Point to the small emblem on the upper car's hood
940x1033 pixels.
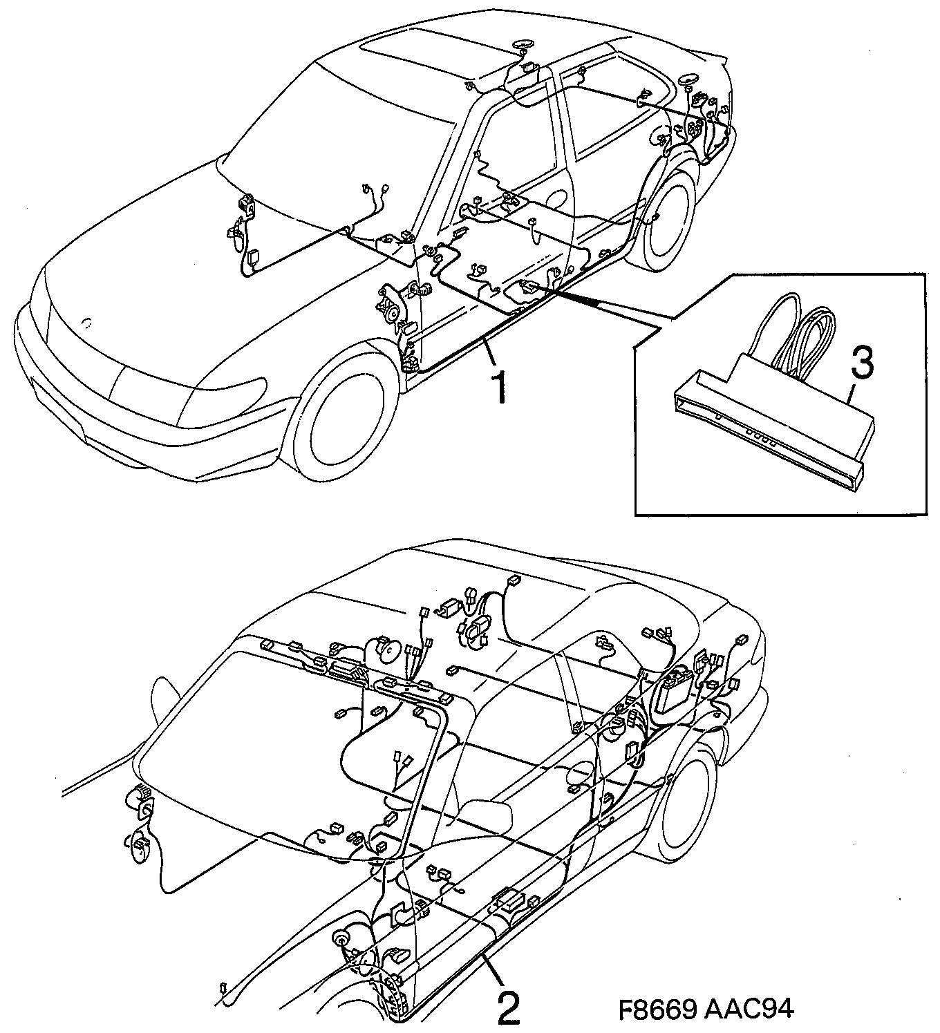[x=86, y=322]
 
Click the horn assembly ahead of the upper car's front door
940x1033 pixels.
[x=390, y=307]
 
